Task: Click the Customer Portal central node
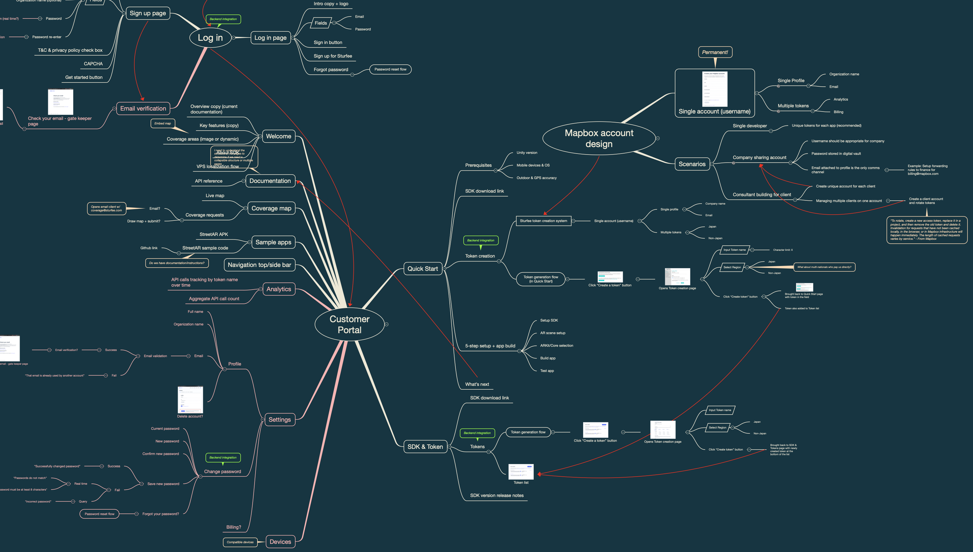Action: point(350,324)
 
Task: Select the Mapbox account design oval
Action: point(599,138)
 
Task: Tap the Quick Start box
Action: point(423,269)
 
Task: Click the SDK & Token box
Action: point(425,447)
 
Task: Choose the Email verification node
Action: point(143,109)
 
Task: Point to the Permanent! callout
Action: point(715,52)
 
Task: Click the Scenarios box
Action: point(692,164)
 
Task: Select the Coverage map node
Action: point(271,208)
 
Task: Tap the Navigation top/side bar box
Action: point(259,265)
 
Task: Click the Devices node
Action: point(280,541)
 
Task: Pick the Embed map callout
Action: point(163,123)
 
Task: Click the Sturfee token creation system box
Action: point(543,221)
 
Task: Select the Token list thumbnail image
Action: point(521,471)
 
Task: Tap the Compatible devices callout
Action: point(240,542)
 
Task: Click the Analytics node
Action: point(279,289)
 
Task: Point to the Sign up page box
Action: point(148,13)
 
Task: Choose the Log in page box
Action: point(270,38)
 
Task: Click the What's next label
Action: point(477,384)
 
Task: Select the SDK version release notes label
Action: point(497,496)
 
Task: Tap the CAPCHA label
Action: point(93,64)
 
